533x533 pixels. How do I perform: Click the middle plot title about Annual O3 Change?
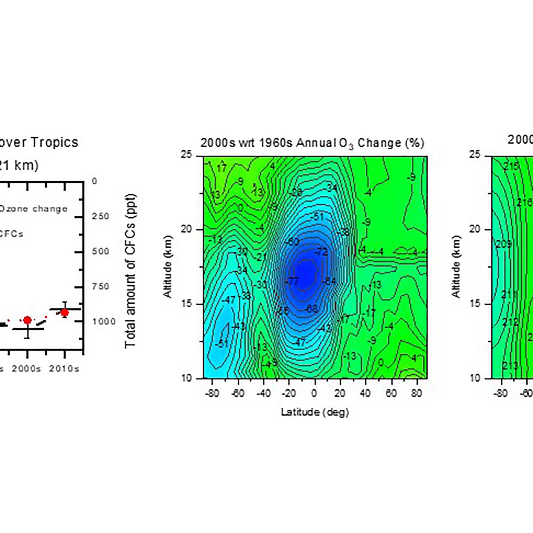coord(312,143)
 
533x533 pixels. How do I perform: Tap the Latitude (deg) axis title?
coord(314,412)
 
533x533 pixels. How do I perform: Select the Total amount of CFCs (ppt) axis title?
coord(131,270)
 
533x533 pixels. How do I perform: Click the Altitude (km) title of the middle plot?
coord(167,266)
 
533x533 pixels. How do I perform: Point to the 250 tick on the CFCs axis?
coord(101,217)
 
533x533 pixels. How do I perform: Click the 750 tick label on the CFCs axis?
coord(101,286)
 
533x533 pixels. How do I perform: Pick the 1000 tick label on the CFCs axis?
coord(104,321)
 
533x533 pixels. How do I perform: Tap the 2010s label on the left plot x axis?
coord(64,369)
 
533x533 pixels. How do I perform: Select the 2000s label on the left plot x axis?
coord(27,369)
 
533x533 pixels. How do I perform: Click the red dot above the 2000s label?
coord(27,320)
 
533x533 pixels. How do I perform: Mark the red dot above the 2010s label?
coord(65,312)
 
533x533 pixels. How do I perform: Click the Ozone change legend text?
coord(33,209)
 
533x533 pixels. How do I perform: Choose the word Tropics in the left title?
coord(55,142)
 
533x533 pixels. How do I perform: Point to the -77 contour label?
coord(292,281)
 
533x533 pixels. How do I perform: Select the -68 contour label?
coord(311,309)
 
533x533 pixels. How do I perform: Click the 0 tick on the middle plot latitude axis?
coord(314,393)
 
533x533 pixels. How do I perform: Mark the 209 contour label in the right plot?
coord(503,244)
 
